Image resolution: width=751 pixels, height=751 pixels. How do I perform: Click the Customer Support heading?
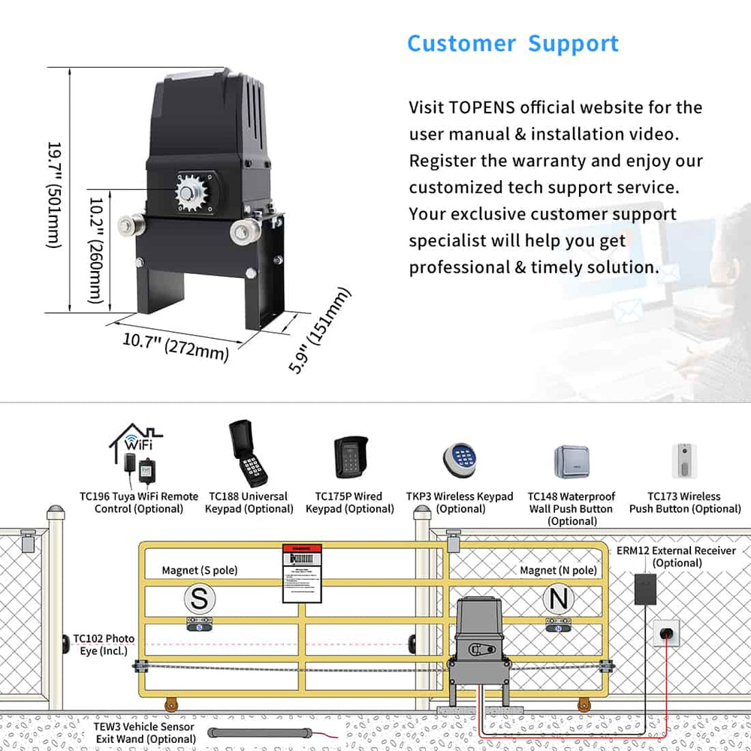tap(513, 44)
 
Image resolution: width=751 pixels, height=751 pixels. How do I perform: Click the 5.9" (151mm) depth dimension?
tap(320, 329)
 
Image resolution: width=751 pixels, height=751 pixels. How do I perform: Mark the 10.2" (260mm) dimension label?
tap(96, 250)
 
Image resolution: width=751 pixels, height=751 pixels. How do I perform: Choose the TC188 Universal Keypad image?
tap(248, 454)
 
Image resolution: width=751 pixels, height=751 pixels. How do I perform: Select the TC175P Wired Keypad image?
tap(349, 458)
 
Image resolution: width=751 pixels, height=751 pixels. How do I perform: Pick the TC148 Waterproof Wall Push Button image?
tap(572, 461)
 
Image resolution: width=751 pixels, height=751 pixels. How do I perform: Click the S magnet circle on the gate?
tap(199, 599)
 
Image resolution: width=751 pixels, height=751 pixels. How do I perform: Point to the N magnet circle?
tap(559, 599)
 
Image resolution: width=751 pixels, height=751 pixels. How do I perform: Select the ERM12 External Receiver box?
tap(644, 590)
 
